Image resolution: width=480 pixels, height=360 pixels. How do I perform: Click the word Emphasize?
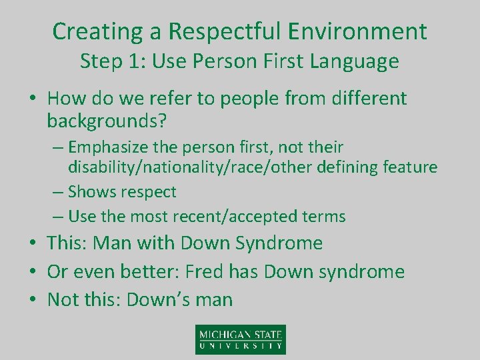(x=110, y=147)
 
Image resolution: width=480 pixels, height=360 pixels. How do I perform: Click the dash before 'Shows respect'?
(x=57, y=192)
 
